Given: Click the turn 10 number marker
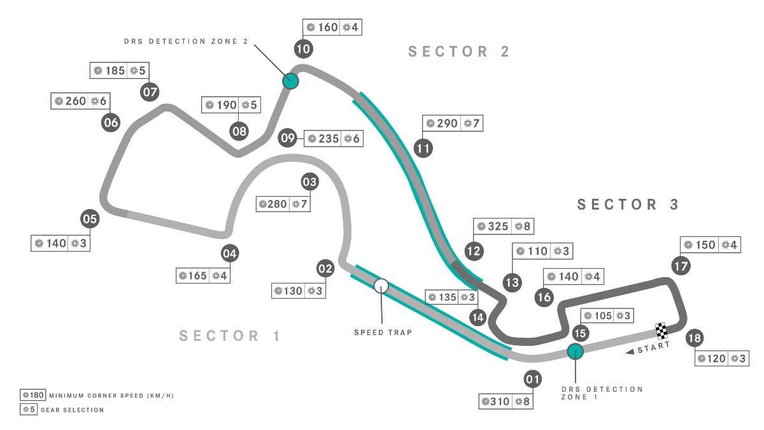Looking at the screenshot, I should pos(303,48).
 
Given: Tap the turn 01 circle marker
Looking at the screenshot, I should pos(533,380).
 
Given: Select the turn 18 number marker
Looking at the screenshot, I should pos(695,338).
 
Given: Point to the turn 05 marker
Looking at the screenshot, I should pos(90,220).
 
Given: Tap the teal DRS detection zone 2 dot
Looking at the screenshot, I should pos(290,80).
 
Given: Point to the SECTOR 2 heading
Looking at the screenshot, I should pos(459,52).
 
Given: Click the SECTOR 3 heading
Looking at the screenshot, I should pos(628,204).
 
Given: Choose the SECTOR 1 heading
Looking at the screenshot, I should pos(230,336).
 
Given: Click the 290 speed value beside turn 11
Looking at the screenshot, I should pos(446,124).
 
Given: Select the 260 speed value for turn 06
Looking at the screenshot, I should pos(75,101).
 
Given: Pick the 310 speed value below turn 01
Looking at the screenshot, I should pos(500,401).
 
